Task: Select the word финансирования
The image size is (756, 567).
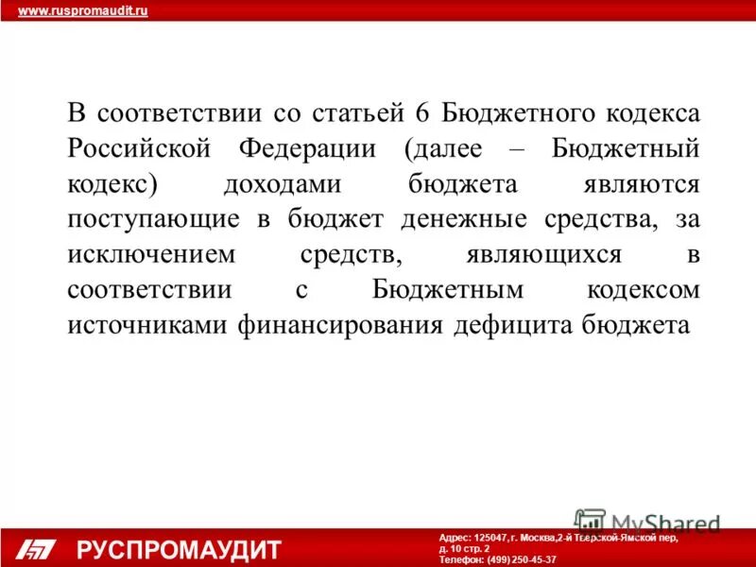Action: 327,324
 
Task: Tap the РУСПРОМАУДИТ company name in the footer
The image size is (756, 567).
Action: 180,549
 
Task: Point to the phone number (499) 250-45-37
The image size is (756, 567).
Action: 522,559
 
